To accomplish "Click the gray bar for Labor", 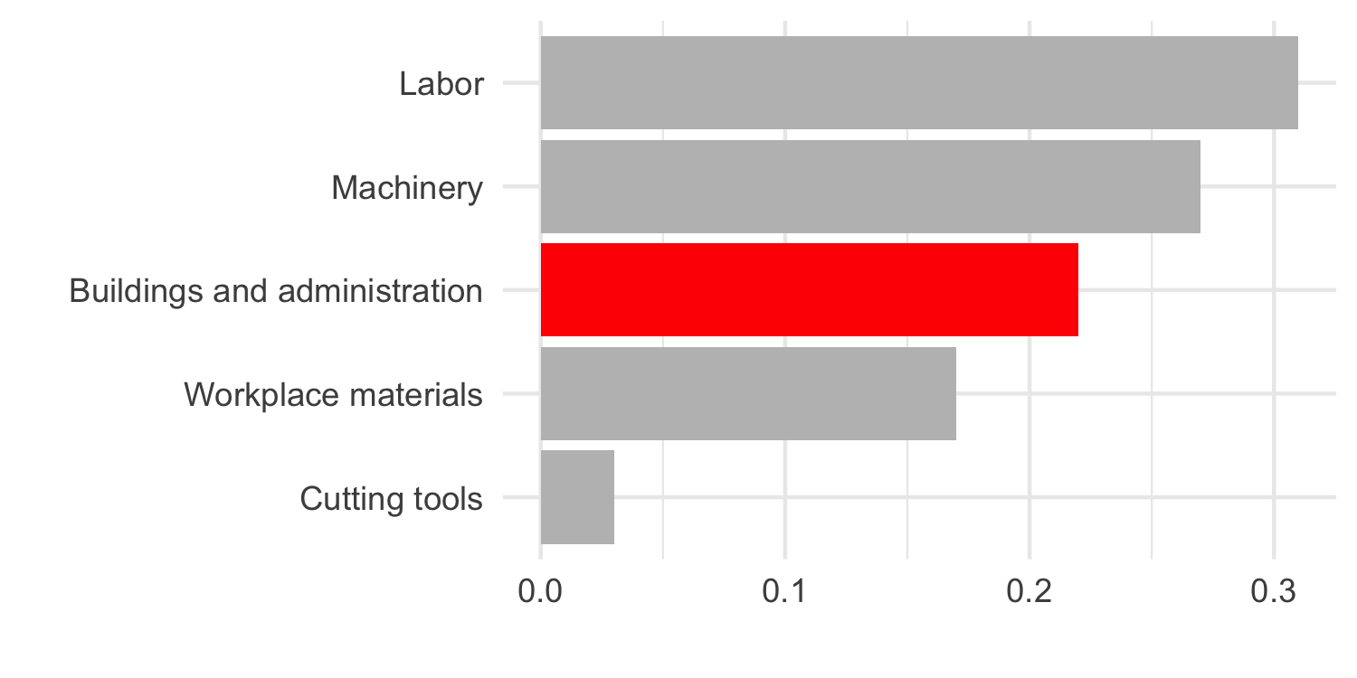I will point(918,83).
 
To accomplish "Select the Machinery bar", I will point(869,186).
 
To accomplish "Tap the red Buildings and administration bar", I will point(809,290).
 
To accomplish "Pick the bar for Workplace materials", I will point(747,394).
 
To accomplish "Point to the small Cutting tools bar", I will point(577,497).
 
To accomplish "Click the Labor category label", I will point(441,85).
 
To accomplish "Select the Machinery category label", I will point(407,188).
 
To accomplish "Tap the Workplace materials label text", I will point(333,395).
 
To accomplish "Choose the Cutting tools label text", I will point(391,498).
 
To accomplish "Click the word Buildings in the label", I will point(125,292).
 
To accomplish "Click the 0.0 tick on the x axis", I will point(540,593).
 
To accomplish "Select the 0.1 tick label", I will point(784,593).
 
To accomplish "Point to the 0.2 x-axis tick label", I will point(1029,593).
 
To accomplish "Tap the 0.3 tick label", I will point(1273,593).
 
